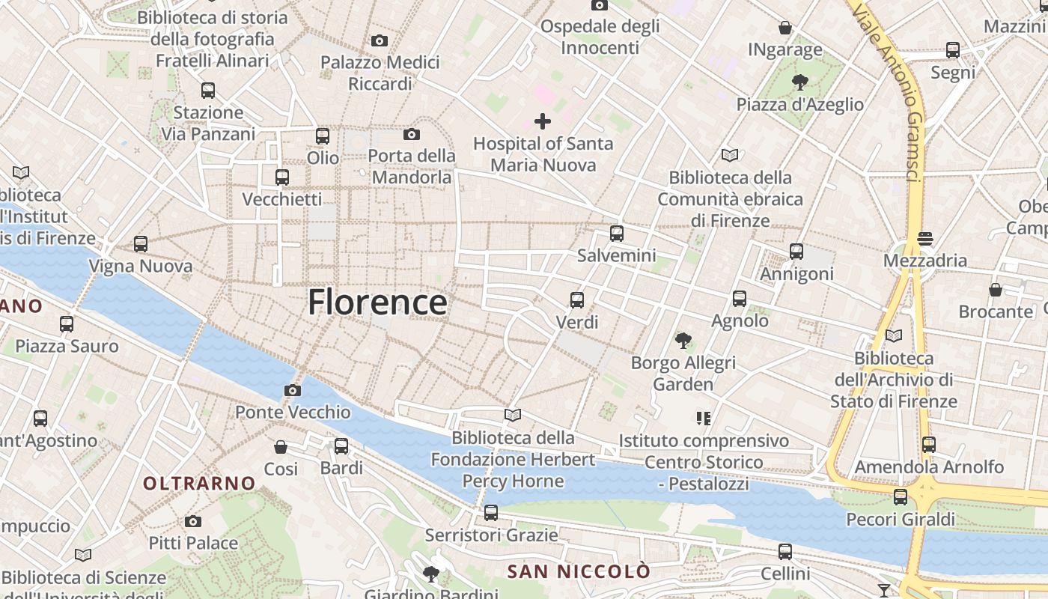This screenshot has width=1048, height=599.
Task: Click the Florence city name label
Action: coord(378,302)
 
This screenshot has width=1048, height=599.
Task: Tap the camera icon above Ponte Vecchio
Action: coord(293,390)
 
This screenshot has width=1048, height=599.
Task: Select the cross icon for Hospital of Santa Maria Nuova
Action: coord(543,121)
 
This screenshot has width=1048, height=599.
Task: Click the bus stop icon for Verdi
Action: coord(577,300)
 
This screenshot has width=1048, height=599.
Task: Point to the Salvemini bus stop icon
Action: coord(617,234)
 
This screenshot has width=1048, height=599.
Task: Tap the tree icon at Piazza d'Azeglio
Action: coord(799,82)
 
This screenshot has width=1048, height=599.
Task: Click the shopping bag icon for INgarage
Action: coord(785,28)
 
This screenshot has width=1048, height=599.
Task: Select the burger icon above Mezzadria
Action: coord(925,239)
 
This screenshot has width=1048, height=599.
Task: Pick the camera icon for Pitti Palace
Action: coord(193,521)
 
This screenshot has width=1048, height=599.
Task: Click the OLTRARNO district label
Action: coord(199,484)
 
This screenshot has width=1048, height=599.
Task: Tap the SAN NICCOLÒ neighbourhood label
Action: coord(579,572)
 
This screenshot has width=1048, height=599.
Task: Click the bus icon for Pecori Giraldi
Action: coord(901,497)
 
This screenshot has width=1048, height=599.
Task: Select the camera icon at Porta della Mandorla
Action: coord(411,135)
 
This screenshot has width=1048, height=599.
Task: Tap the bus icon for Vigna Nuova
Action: coord(141,244)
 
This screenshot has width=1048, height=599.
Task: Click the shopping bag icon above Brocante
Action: coord(996,290)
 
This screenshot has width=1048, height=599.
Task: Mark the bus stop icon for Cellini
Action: coord(785,552)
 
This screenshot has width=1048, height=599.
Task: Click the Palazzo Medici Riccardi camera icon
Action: coord(380,40)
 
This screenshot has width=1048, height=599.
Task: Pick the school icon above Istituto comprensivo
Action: coord(703,418)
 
